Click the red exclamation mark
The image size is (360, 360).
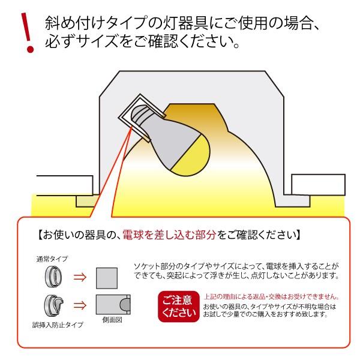[x=25, y=33]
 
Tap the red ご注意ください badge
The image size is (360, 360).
[x=178, y=305]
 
